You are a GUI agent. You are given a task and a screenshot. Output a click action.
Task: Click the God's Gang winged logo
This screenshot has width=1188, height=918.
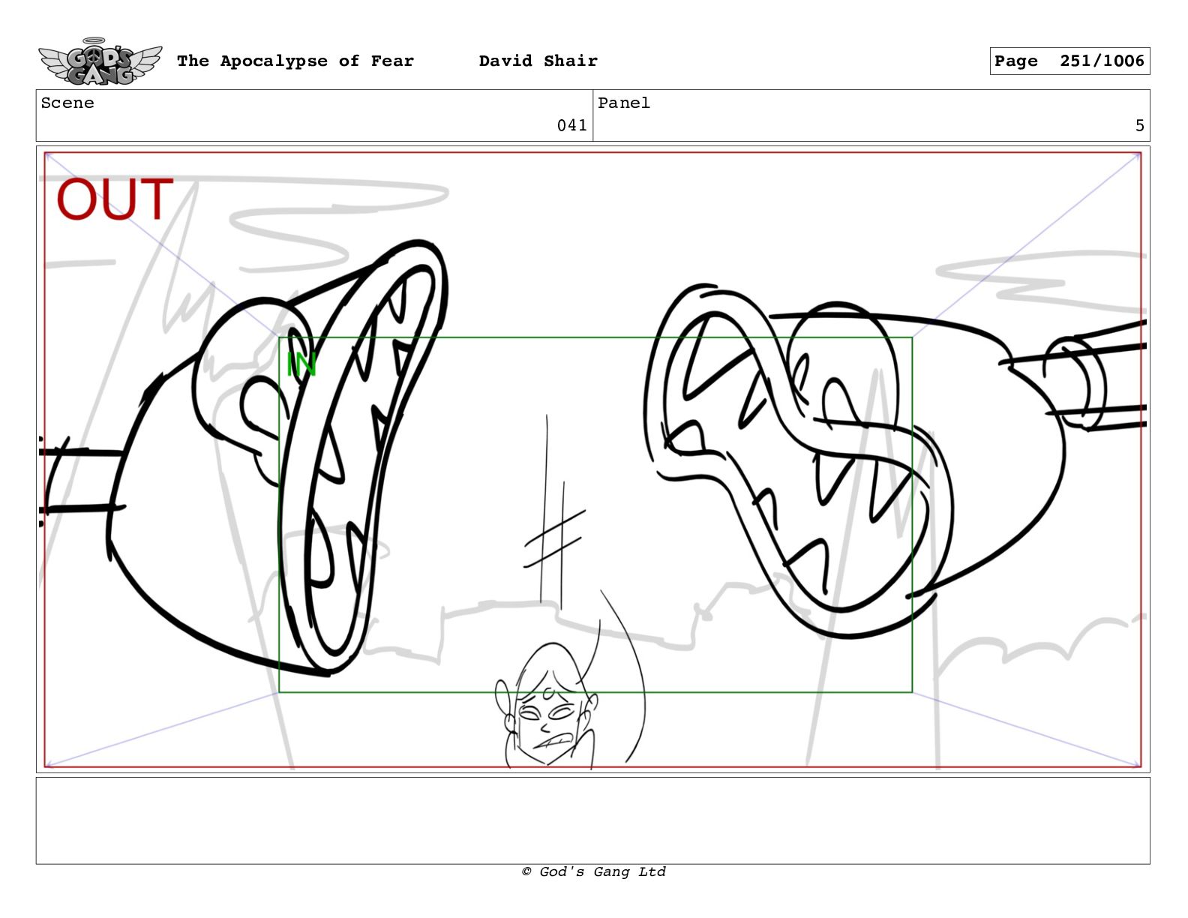(x=100, y=61)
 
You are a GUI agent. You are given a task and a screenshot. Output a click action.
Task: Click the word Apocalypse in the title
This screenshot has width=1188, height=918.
(x=274, y=61)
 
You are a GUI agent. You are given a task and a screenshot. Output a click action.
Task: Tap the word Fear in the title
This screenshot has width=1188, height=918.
(x=392, y=61)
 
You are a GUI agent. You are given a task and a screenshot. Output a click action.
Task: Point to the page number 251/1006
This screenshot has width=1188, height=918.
(x=1102, y=61)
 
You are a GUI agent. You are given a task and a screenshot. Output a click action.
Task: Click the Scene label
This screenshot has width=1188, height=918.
(x=67, y=103)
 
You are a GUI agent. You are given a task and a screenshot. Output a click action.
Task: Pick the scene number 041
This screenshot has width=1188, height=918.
(x=571, y=125)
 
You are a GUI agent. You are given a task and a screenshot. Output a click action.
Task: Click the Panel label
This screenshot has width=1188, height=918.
(x=624, y=103)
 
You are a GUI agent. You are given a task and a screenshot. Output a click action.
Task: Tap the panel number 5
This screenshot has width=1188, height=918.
(x=1139, y=125)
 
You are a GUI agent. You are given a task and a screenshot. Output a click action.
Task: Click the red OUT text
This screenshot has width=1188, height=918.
(x=115, y=199)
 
